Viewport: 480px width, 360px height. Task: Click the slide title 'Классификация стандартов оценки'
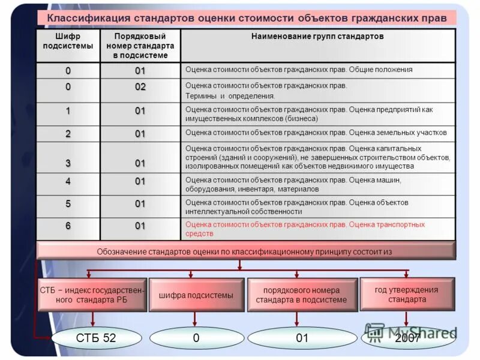tap(247, 18)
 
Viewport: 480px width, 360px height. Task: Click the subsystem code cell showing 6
tap(68, 226)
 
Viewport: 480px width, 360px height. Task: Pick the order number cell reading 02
tap(140, 87)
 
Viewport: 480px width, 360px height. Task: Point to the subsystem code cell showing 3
tap(68, 163)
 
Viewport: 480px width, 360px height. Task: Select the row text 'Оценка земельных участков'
tap(316, 132)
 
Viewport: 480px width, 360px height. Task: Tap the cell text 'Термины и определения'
tap(230, 95)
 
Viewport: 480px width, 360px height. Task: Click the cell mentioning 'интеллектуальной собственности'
tap(297, 206)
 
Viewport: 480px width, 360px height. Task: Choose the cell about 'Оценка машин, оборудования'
tap(293, 184)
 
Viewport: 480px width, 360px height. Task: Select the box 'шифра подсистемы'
tap(196, 295)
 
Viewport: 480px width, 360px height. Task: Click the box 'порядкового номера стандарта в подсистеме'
tap(301, 295)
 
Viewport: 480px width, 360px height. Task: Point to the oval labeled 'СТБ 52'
tap(96, 338)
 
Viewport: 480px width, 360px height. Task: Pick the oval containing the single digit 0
tap(196, 338)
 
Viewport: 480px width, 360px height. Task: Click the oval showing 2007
tap(407, 339)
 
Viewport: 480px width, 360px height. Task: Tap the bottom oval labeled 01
tap(302, 338)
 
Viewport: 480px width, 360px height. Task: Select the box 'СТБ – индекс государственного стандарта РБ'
tap(92, 295)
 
